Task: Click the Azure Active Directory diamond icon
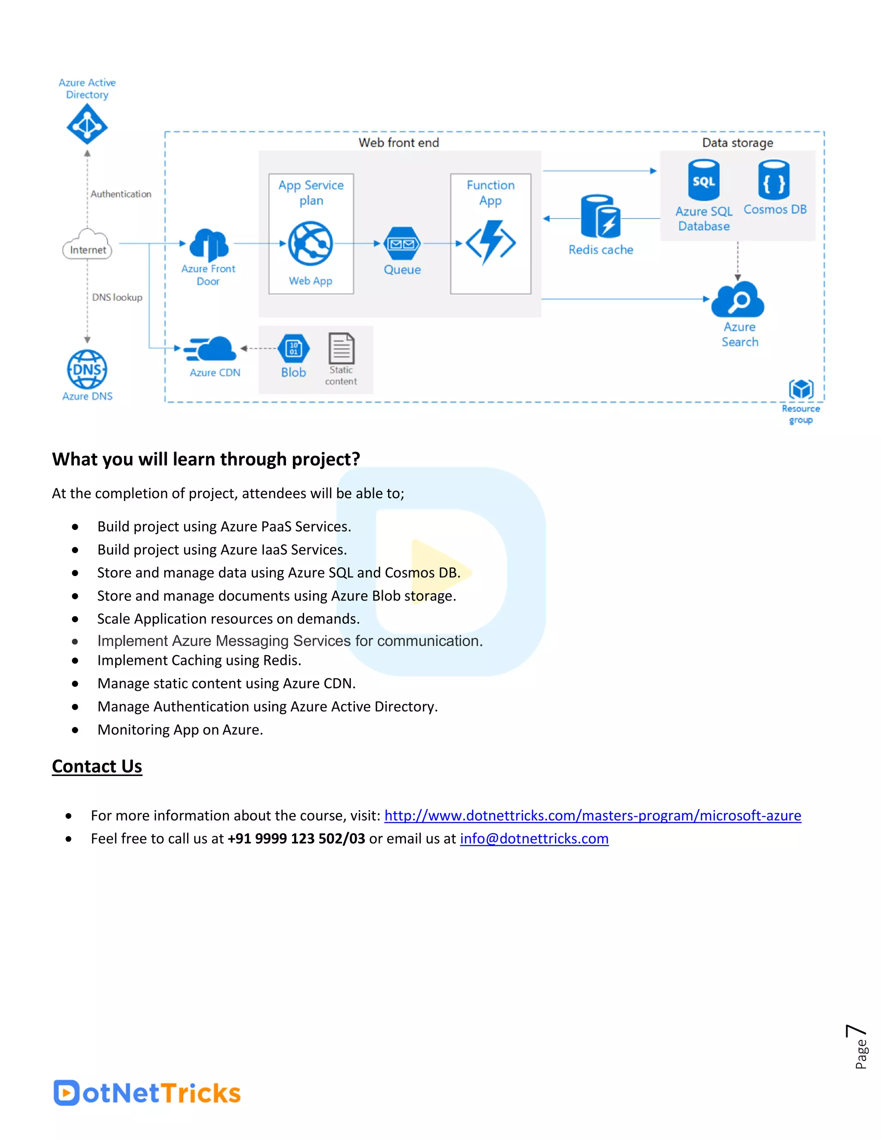pos(87,124)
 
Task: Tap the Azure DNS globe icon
pos(87,369)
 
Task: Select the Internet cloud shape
pos(87,245)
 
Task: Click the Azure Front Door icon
pos(209,244)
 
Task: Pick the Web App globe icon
pos(311,243)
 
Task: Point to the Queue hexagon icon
pos(402,243)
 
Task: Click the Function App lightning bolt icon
pos(490,242)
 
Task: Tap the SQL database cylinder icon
pos(703,181)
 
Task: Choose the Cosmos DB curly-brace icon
pos(774,180)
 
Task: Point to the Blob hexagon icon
pos(294,348)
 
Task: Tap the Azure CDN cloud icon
pos(211,349)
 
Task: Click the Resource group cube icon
pos(801,389)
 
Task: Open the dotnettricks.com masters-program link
pos(592,815)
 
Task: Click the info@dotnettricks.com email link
pos(534,838)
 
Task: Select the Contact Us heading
pos(97,766)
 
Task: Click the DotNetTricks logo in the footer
pos(147,1093)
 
